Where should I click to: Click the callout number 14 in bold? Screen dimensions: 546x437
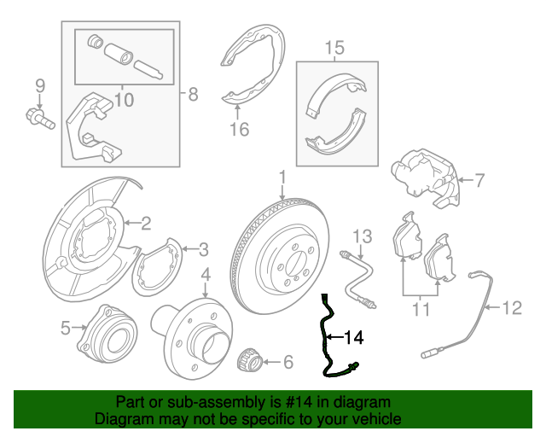pos(354,337)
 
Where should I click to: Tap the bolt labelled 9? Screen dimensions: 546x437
pos(40,119)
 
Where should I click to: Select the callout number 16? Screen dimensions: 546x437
pos(240,129)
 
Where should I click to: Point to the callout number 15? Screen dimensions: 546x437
pos(334,48)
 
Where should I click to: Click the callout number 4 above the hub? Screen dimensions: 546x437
pos(206,275)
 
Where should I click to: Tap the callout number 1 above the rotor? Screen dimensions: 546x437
pos(282,177)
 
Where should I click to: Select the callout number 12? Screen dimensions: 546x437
pos(512,308)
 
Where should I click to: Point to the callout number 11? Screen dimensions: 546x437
pos(421,309)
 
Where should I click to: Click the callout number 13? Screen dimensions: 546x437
pos(362,236)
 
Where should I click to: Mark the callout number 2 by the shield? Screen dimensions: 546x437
pos(146,223)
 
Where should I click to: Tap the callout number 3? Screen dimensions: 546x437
pos(203,249)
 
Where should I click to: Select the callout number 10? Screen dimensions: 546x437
pos(124,100)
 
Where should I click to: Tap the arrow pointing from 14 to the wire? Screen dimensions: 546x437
pos(334,337)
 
